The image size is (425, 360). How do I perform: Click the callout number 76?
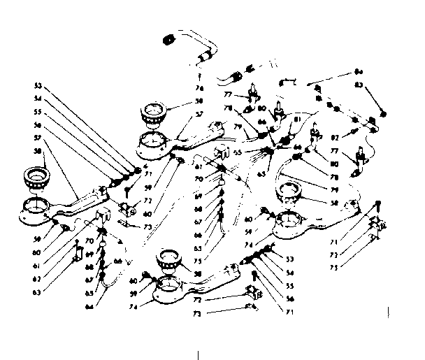pos(200,88)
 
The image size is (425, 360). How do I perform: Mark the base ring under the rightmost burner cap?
pos(289,218)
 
